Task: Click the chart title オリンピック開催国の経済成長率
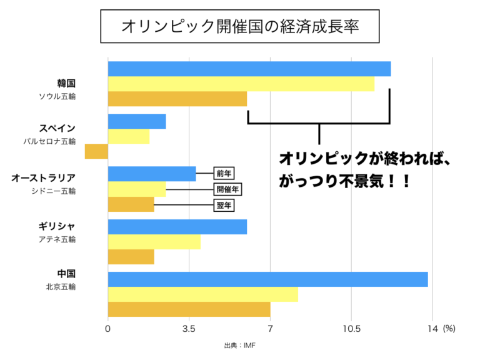point(240,27)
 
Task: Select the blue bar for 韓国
point(249,69)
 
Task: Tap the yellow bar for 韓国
point(241,84)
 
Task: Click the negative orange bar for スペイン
point(96,151)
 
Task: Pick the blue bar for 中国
point(267,279)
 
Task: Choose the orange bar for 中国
point(189,309)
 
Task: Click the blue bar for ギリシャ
point(177,226)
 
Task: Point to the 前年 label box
point(224,174)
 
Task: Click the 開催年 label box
point(227,189)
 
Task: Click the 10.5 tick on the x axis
point(351,329)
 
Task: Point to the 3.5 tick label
point(189,329)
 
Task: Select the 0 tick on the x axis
point(108,329)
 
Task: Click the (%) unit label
point(449,329)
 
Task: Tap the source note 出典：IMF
point(240,346)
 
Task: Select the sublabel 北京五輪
point(60,287)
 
